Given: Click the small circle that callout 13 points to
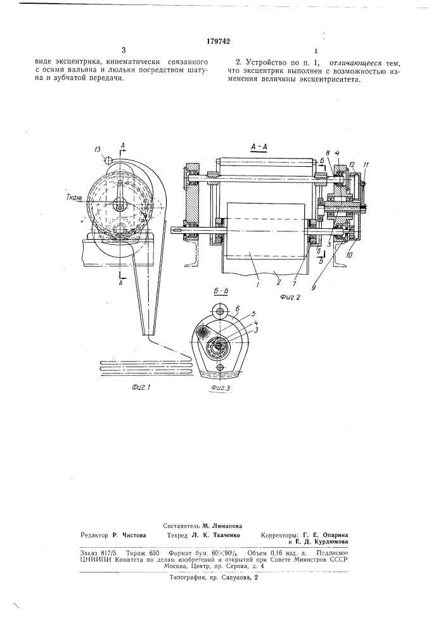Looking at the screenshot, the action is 108,160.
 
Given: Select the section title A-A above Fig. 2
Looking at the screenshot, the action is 259,148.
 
